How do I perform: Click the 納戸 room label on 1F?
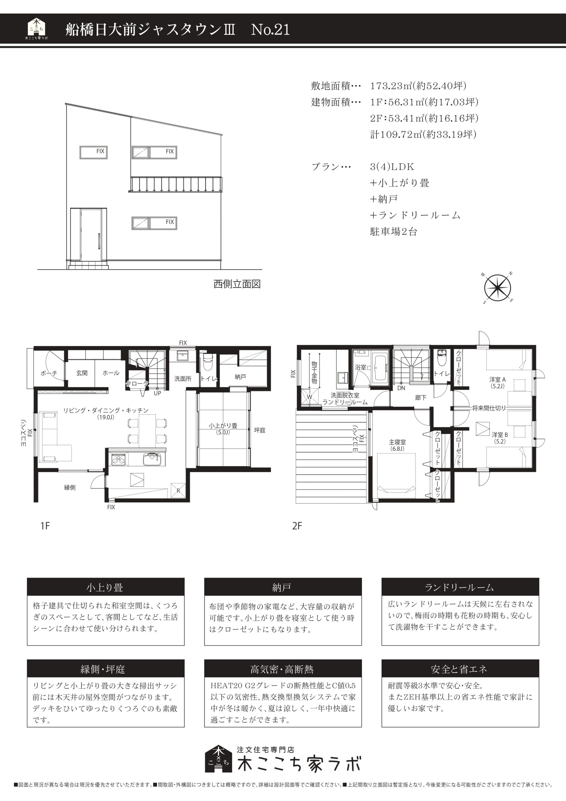(240, 377)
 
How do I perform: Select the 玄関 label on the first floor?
(82, 373)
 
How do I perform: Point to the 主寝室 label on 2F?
(397, 442)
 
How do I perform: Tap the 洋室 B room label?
(500, 435)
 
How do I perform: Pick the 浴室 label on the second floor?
(360, 367)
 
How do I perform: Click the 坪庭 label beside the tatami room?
(260, 430)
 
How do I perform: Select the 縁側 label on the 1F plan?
(70, 487)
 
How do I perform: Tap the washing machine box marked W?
(309, 397)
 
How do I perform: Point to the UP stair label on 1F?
(157, 393)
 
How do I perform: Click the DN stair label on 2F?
(401, 388)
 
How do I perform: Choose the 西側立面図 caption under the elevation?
(237, 284)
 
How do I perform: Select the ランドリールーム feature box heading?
(460, 588)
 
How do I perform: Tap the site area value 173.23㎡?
(391, 85)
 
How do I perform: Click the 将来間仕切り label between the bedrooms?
(489, 408)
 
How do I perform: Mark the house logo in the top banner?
(37, 28)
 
